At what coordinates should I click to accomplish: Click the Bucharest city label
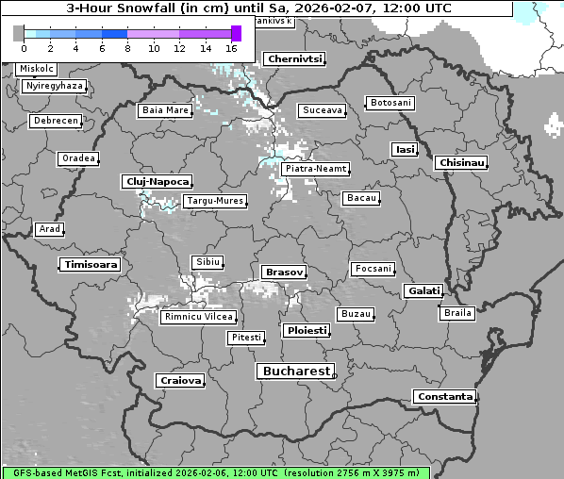(296, 372)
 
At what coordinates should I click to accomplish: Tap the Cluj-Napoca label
(157, 181)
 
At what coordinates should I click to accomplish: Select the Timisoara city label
(91, 265)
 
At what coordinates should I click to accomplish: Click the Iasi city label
(404, 150)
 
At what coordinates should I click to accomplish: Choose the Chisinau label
(462, 163)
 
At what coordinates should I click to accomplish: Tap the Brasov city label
(284, 273)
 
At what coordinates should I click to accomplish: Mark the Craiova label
(180, 381)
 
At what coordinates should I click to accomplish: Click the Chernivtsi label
(295, 58)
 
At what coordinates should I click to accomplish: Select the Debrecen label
(55, 122)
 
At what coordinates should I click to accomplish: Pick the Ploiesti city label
(307, 331)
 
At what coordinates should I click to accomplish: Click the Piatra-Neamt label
(315, 169)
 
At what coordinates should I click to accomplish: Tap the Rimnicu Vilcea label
(198, 316)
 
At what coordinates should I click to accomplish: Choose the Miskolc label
(37, 69)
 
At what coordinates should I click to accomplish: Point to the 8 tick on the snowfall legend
(127, 47)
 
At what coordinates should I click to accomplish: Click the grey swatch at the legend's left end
(18, 33)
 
